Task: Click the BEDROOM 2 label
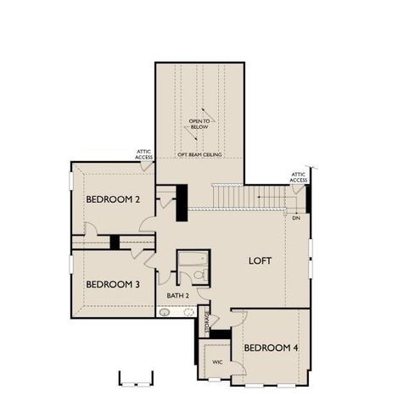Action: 113,199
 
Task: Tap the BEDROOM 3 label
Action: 113,284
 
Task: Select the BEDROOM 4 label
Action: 271,348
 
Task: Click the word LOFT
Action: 260,261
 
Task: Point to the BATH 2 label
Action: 177,295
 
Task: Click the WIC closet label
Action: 217,361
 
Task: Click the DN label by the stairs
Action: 295,219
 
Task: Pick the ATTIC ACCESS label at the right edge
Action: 299,177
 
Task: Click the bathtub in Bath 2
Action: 188,259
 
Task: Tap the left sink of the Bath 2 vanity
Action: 165,311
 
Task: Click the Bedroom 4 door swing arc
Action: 238,318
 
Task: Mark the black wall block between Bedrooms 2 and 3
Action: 115,242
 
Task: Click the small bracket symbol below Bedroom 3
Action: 136,378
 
